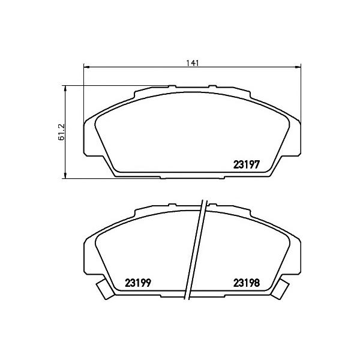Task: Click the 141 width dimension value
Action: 192,63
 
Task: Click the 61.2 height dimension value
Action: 62,132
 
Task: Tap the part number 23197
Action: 247,164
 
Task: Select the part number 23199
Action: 138,283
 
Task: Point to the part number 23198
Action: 247,283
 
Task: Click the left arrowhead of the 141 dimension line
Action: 86,67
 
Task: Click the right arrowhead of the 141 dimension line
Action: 298,67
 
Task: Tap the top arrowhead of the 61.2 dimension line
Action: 65,89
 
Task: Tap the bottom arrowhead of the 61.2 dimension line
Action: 65,175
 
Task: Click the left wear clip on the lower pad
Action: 104,289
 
